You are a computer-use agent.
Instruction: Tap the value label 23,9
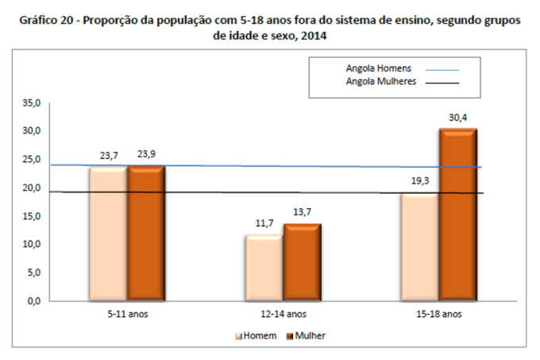click(x=145, y=157)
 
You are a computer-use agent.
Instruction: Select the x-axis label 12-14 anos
click(x=283, y=314)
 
